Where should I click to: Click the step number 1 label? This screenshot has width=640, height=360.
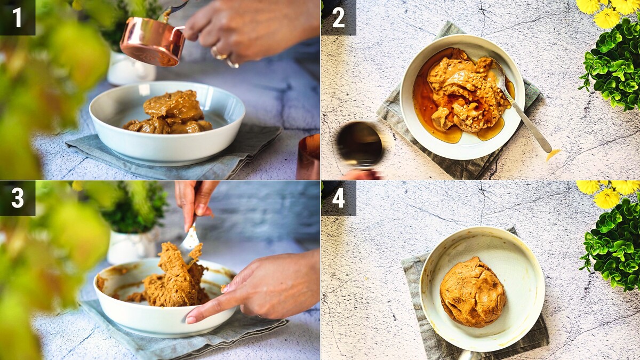(17, 18)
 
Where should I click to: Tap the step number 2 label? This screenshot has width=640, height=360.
(338, 18)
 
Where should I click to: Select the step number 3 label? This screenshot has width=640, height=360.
(18, 198)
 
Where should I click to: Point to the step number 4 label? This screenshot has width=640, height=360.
(339, 198)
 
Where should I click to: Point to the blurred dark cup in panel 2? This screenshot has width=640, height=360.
(359, 145)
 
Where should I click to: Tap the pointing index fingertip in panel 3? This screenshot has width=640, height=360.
(191, 319)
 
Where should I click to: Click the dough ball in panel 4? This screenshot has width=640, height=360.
(473, 292)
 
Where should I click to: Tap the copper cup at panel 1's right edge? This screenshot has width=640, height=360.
(308, 157)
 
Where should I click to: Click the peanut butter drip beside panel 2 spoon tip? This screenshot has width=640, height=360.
(553, 155)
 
